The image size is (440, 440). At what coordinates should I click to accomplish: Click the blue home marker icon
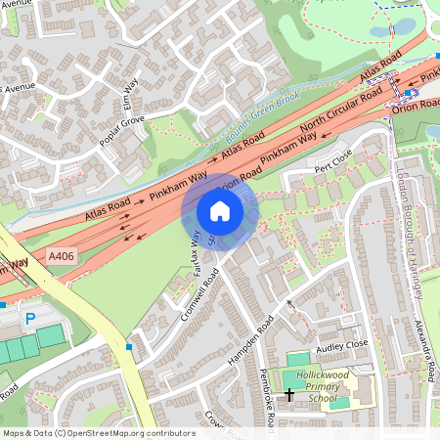(220, 211)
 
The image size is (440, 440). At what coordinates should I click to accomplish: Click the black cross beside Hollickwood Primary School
(289, 395)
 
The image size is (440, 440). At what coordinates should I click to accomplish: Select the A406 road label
(62, 257)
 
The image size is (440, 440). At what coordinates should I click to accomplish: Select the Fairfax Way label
(196, 253)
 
